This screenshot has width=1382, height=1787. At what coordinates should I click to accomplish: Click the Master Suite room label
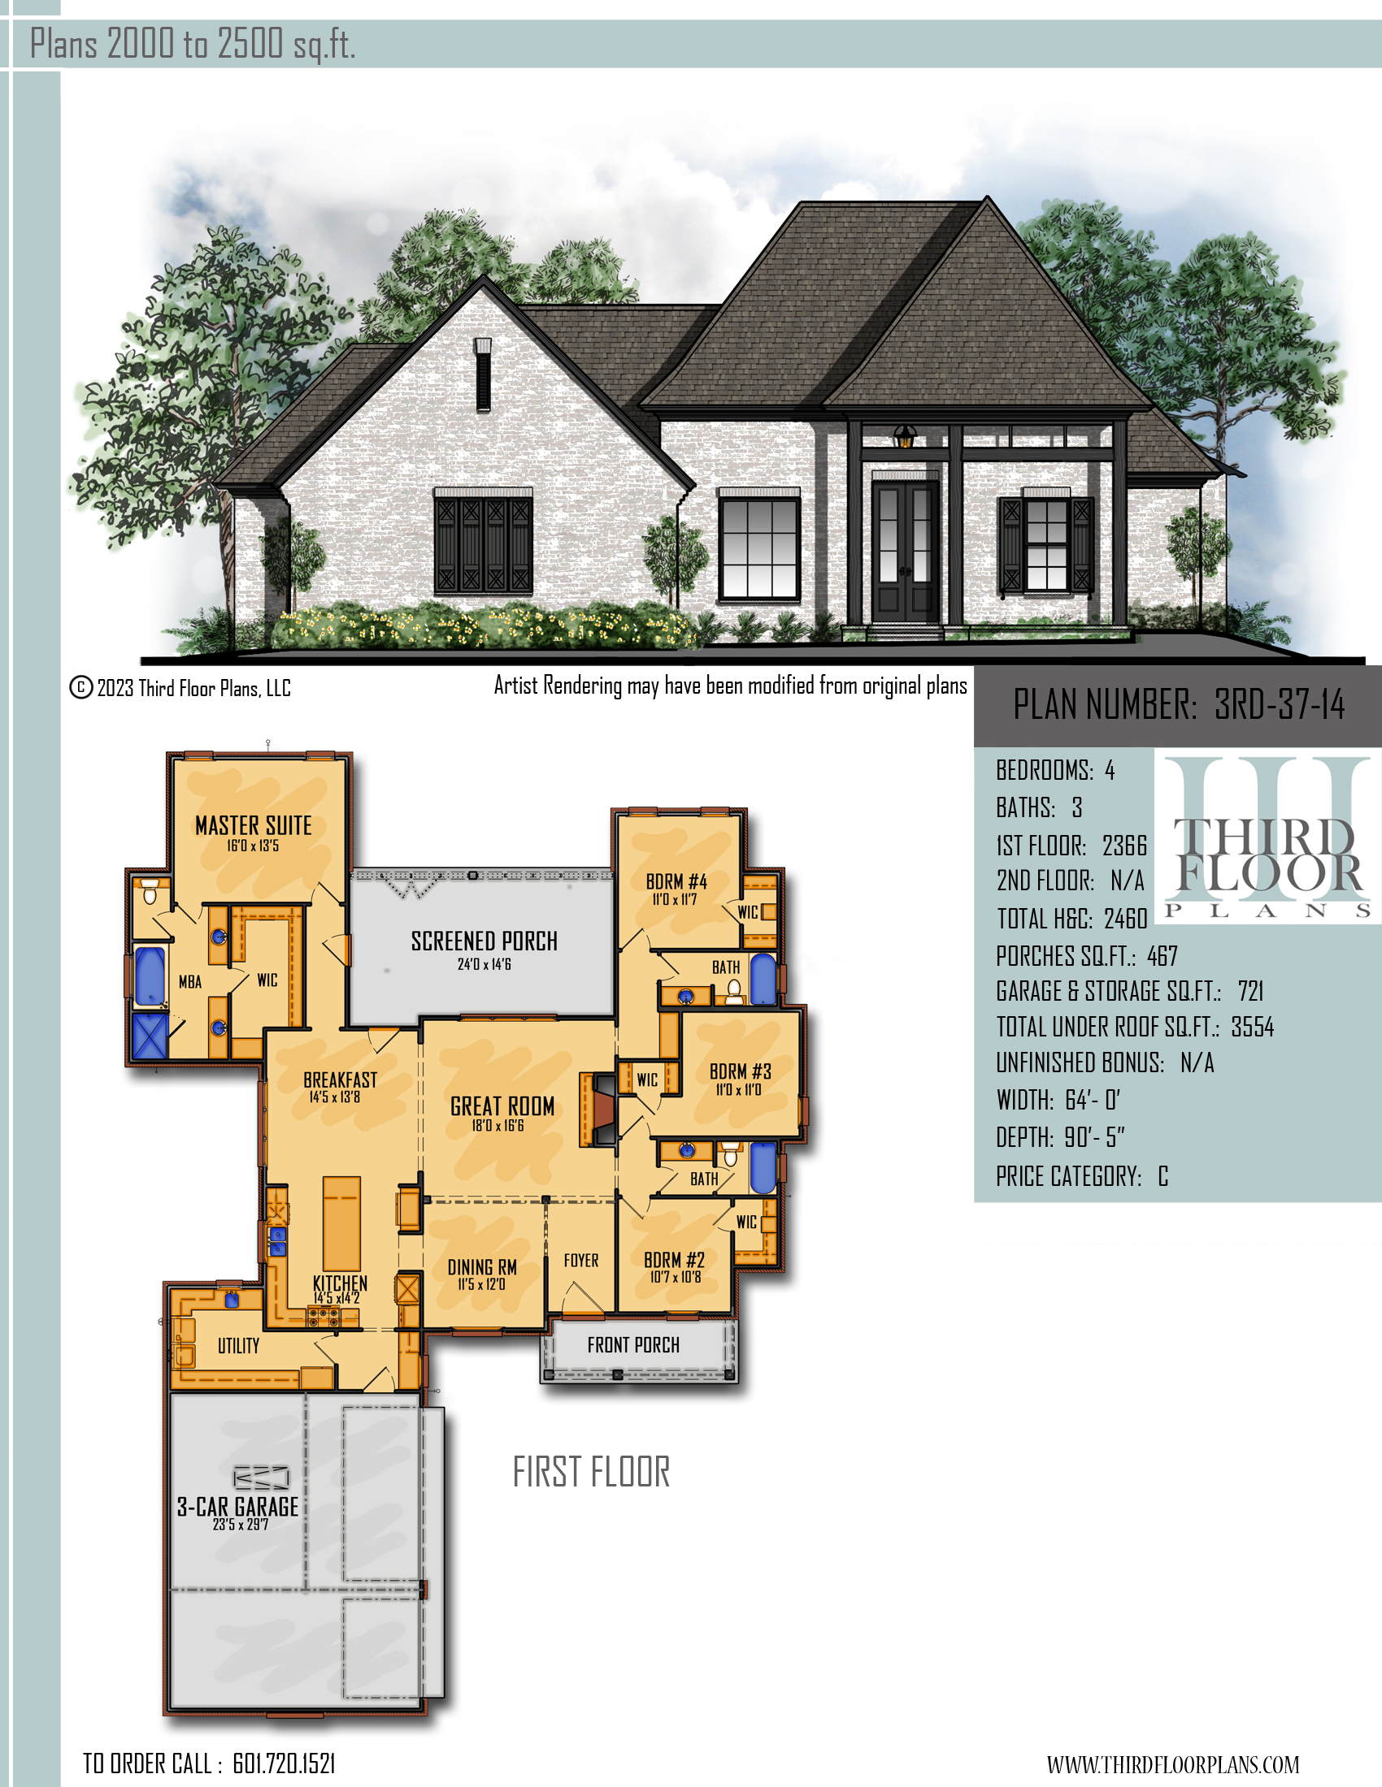click(x=254, y=825)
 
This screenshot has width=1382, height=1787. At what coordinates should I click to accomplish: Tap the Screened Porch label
click(x=484, y=941)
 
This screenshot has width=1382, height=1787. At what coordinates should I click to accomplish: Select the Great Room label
click(x=502, y=1106)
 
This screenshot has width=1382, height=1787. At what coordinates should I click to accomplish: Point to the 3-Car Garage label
click(x=237, y=1506)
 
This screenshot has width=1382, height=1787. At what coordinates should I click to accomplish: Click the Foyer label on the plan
click(x=580, y=1260)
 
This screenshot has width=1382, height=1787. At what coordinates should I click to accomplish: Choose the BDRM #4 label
click(x=676, y=881)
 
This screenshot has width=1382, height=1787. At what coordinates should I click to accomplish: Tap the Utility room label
click(x=238, y=1345)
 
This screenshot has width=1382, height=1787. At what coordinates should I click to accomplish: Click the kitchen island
click(x=341, y=1223)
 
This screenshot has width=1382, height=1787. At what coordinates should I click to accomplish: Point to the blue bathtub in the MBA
click(x=149, y=976)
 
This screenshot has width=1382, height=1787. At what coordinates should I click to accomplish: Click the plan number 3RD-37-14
click(x=1279, y=704)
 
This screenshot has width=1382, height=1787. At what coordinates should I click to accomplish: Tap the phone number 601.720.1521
click(x=284, y=1764)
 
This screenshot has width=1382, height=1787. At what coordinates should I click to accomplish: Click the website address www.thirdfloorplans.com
click(x=1172, y=1765)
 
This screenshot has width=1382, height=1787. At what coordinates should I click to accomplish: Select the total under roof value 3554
click(x=1253, y=1027)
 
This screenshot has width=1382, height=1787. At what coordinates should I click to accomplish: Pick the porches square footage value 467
click(x=1163, y=956)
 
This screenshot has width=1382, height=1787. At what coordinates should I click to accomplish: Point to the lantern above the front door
click(x=905, y=436)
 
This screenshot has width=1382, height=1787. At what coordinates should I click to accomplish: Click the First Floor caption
click(x=591, y=1472)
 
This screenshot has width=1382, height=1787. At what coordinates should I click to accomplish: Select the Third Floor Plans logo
click(x=1267, y=838)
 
